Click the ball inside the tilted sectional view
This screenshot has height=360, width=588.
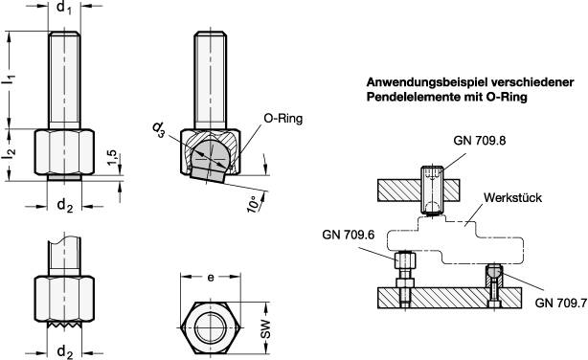(x=210, y=153)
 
